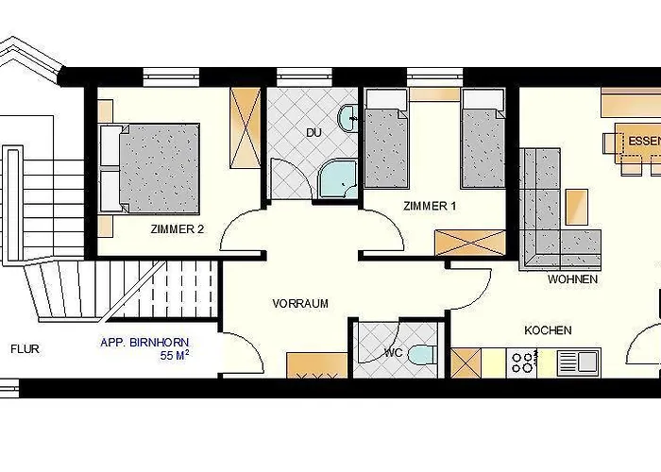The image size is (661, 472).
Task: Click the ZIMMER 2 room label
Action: pyautogui.click(x=178, y=229)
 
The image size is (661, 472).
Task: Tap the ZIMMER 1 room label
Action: pyautogui.click(x=430, y=206)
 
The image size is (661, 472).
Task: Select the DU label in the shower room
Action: pyautogui.click(x=314, y=133)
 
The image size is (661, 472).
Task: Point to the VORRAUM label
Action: pyautogui.click(x=300, y=303)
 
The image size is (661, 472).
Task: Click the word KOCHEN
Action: pyautogui.click(x=548, y=330)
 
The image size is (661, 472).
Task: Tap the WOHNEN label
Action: pyautogui.click(x=572, y=279)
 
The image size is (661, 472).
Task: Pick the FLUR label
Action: pyautogui.click(x=25, y=349)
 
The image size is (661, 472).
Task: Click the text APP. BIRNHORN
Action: pyautogui.click(x=144, y=343)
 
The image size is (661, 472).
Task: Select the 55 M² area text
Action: pyautogui.click(x=174, y=356)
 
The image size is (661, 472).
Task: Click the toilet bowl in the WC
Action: pyautogui.click(x=422, y=355)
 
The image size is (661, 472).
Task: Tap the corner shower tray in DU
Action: pyautogui.click(x=338, y=178)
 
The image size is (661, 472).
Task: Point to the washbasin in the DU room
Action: pyautogui.click(x=347, y=118)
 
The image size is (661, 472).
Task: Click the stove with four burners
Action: pyautogui.click(x=522, y=362)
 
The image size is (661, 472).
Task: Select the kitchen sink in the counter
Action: pyautogui.click(x=579, y=362)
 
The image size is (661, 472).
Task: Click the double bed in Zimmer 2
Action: pyautogui.click(x=149, y=168)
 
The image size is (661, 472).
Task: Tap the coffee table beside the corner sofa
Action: pyautogui.click(x=577, y=207)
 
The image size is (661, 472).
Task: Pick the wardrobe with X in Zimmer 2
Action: pyautogui.click(x=245, y=127)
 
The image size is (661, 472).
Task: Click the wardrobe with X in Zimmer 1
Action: pyautogui.click(x=470, y=243)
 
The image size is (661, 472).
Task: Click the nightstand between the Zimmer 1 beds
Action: pyautogui.click(x=434, y=94)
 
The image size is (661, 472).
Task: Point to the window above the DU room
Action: pyautogui.click(x=304, y=77)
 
